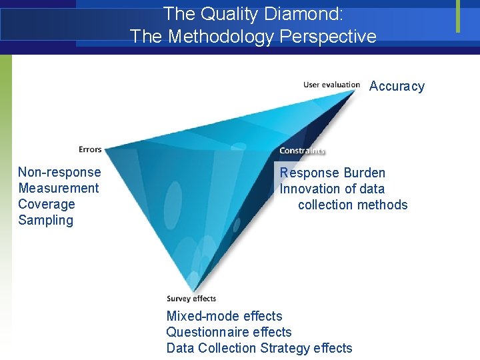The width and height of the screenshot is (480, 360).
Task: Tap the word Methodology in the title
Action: pos(217,36)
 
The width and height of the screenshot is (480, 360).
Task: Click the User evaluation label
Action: pos(331,85)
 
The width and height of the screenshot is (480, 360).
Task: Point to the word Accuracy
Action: pos(397,86)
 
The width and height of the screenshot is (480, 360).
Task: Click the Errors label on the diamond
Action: pos(90,149)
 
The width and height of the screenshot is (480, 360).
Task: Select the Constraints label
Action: pos(302,151)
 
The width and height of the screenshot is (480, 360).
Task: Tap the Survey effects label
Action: pos(191,299)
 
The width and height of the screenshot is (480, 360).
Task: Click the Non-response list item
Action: pos(59,172)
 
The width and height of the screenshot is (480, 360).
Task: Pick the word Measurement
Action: pos(59,188)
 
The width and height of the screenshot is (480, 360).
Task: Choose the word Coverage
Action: pos(47,204)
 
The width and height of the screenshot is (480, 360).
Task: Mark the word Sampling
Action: pos(46,220)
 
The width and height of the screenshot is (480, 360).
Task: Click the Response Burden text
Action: pos(333,173)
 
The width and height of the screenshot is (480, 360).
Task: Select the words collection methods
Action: pos(353,205)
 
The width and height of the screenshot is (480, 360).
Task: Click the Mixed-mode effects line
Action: pos(224,316)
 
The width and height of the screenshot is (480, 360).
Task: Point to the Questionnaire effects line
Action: pos(229,332)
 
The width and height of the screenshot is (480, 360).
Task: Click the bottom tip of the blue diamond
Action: pos(191,291)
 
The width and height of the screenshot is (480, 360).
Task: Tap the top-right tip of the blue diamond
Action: pos(357,91)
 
